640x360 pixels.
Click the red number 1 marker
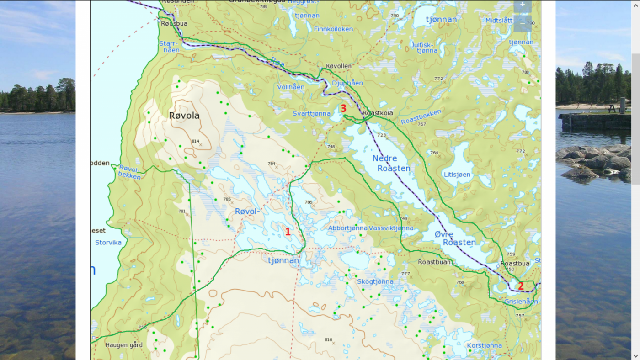click(288, 232)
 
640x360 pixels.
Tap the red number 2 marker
click(520, 286)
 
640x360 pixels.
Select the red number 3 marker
click(343, 109)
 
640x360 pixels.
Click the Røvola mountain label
click(184, 116)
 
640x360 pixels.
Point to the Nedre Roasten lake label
click(391, 163)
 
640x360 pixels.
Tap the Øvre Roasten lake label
click(455, 238)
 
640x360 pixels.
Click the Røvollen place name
click(339, 66)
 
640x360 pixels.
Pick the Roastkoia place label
click(377, 112)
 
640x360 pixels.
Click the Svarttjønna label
click(311, 113)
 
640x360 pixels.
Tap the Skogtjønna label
click(375, 281)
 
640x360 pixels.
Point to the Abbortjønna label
click(347, 228)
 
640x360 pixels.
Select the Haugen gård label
click(124, 345)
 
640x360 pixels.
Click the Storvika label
click(108, 242)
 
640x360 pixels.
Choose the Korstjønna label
click(484, 345)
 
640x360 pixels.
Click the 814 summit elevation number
click(195, 141)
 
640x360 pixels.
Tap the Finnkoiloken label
click(333, 29)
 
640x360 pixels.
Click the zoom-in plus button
click(522, 5)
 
